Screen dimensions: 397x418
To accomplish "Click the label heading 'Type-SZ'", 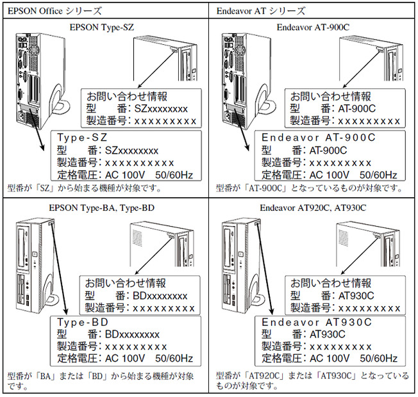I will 81,138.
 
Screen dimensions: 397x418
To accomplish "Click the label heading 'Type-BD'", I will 81,321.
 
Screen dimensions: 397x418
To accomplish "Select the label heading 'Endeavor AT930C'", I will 317,321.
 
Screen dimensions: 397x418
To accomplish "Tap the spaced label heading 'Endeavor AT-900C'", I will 319,138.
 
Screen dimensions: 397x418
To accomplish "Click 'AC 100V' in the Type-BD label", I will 126,359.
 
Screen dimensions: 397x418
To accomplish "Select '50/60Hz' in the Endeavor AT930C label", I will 379,359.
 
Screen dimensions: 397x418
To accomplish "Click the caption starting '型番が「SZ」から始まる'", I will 83,188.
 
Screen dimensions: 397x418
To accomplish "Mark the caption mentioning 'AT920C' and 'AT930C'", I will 312,380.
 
